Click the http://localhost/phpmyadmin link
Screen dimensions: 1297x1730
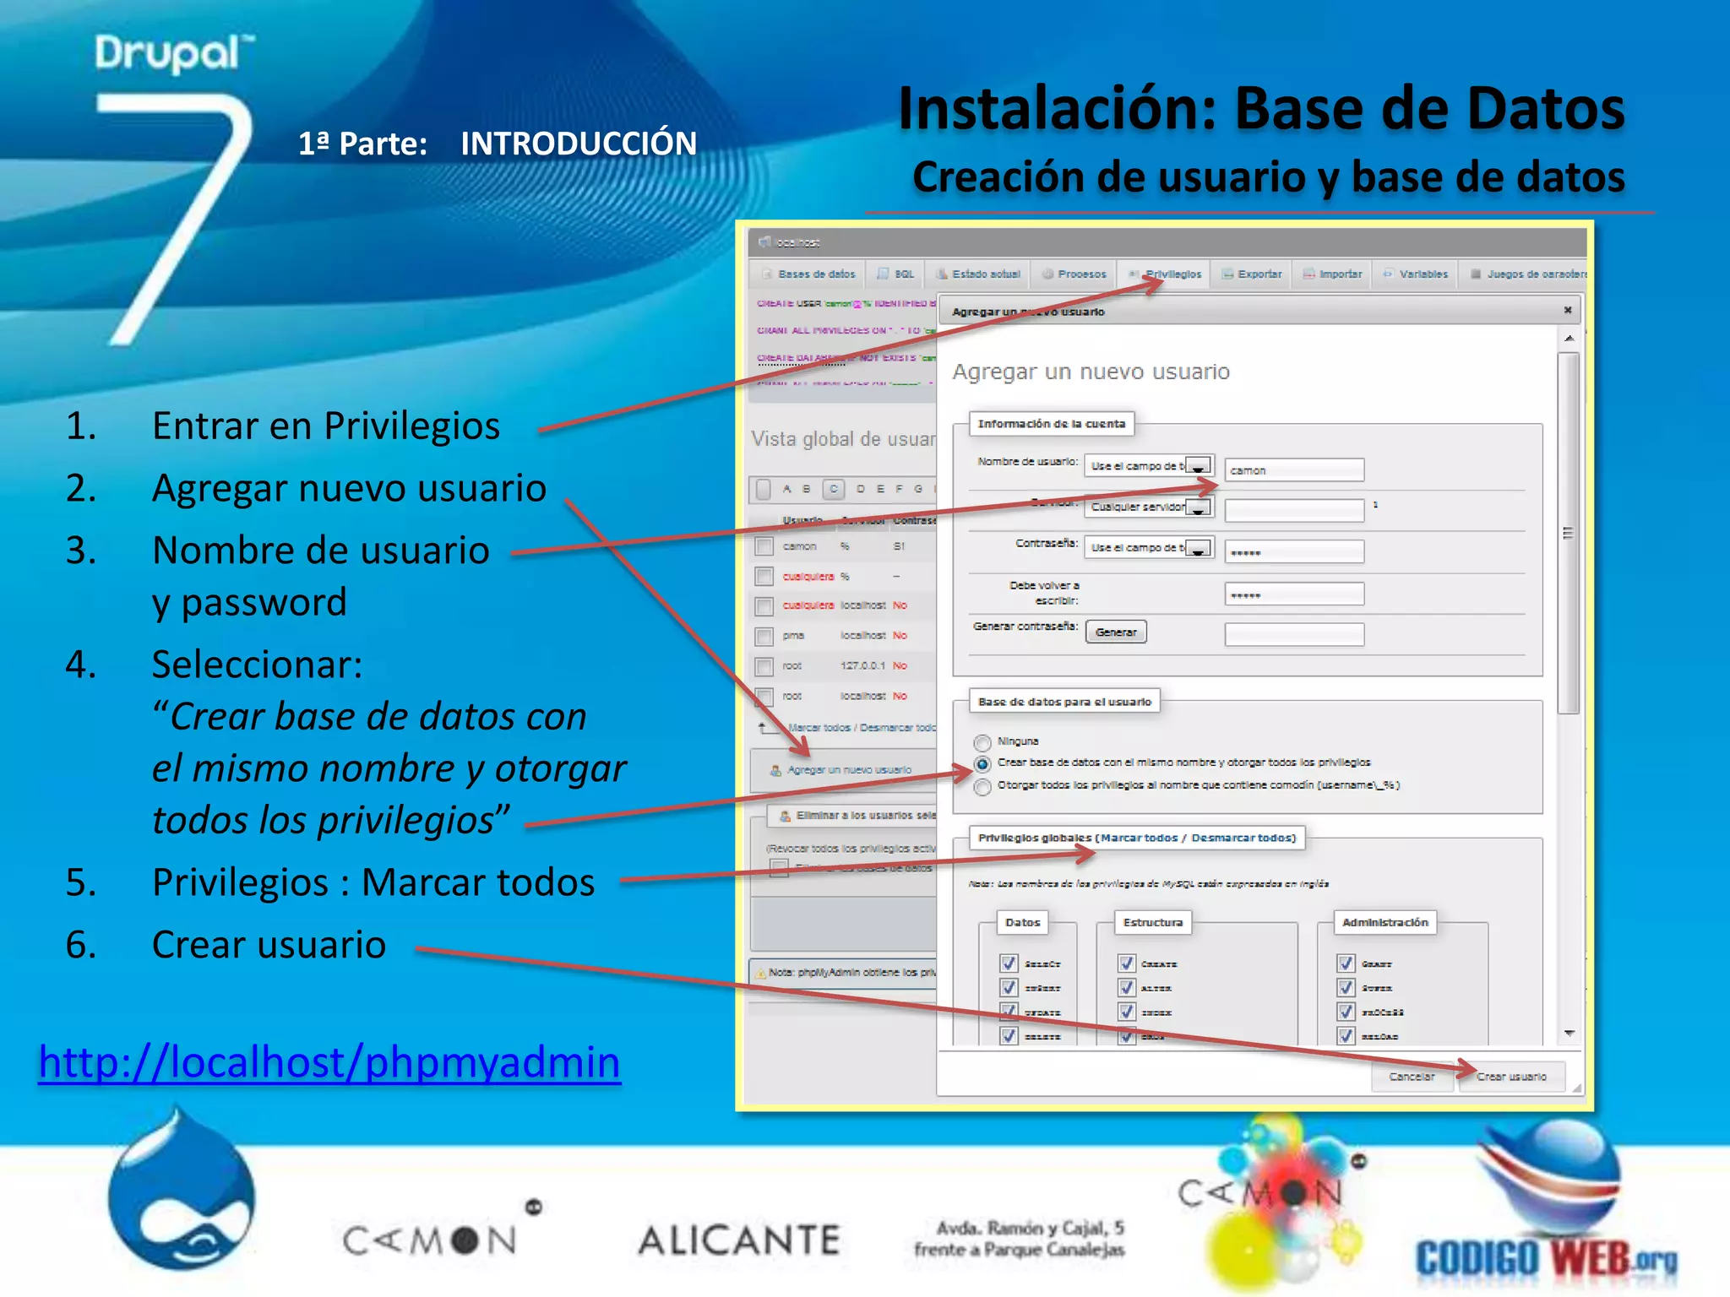tap(329, 1062)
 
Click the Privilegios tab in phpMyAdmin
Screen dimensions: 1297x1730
tap(1171, 274)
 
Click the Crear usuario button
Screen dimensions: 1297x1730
tap(1511, 1077)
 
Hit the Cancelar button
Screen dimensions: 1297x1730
tap(1412, 1077)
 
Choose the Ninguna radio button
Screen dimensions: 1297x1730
tap(982, 742)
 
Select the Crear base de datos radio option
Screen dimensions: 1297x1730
tap(982, 764)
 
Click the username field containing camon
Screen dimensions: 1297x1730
tap(1293, 470)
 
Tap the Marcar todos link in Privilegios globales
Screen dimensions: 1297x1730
tap(1138, 838)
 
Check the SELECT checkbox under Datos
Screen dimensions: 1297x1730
tap(1009, 963)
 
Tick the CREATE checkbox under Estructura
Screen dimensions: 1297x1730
tap(1126, 963)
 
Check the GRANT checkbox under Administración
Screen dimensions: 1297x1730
tap(1346, 963)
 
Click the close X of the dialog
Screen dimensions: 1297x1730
tap(1568, 310)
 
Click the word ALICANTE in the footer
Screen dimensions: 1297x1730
tap(739, 1240)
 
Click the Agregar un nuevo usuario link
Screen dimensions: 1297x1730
tap(848, 770)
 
